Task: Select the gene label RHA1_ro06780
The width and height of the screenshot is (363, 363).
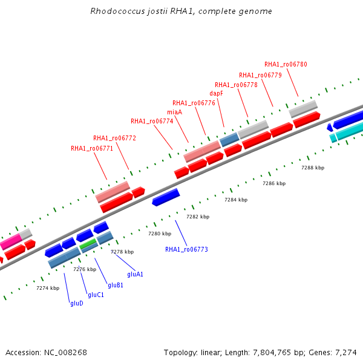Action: tap(286, 64)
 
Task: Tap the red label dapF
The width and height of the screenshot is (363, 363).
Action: tap(216, 93)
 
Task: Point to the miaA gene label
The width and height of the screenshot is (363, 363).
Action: tap(175, 112)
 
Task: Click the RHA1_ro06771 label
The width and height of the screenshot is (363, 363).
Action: tap(92, 148)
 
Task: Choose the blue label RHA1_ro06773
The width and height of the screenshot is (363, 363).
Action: tap(186, 249)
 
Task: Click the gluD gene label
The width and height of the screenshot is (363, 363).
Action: tap(77, 303)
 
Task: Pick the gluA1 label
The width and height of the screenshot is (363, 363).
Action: tap(135, 274)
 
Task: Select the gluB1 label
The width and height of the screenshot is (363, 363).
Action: tap(116, 285)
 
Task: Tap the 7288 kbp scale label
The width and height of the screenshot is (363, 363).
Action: tap(313, 168)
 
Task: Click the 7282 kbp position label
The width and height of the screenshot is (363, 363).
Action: tap(198, 217)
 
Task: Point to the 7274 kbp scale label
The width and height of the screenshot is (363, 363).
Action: tap(48, 288)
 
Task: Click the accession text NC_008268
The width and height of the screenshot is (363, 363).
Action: tap(65, 353)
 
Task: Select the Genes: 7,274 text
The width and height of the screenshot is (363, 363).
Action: tap(333, 353)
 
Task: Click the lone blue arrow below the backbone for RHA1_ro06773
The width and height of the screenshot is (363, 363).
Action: tap(166, 197)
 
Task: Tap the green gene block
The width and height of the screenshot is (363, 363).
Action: tap(88, 244)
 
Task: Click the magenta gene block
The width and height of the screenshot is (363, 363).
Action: tap(10, 242)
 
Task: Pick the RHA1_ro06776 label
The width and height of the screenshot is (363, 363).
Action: tap(194, 103)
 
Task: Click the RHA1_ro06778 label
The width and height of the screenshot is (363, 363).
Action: tap(236, 85)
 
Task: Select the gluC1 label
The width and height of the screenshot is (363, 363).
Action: tap(96, 295)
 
